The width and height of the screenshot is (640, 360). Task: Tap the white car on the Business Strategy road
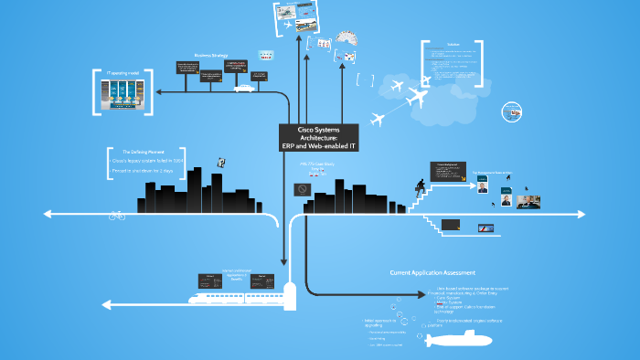[x=244, y=89]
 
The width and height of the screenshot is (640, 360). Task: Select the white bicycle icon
[x=117, y=216]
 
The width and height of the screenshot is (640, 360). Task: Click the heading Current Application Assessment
[x=432, y=272]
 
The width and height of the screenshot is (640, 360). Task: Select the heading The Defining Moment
[x=144, y=151]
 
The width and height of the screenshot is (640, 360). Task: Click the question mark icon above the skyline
[x=220, y=162]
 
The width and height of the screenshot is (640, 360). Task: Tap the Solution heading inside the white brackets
[x=453, y=44]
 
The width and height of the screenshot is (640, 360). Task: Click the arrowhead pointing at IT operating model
[x=161, y=92]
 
